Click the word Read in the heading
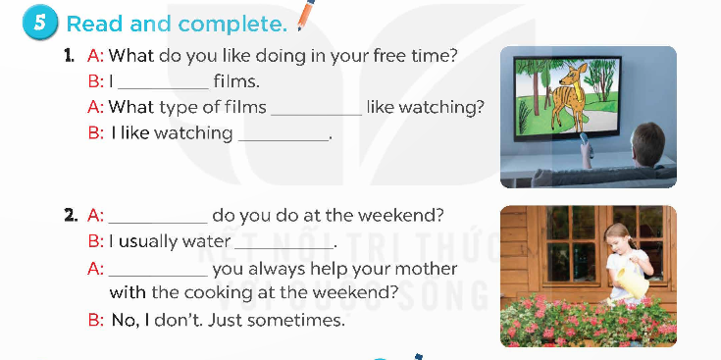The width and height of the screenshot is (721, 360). coord(92,23)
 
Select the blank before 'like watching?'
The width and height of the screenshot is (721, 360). coord(315,107)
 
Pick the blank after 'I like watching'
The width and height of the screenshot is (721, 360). coord(283,132)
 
